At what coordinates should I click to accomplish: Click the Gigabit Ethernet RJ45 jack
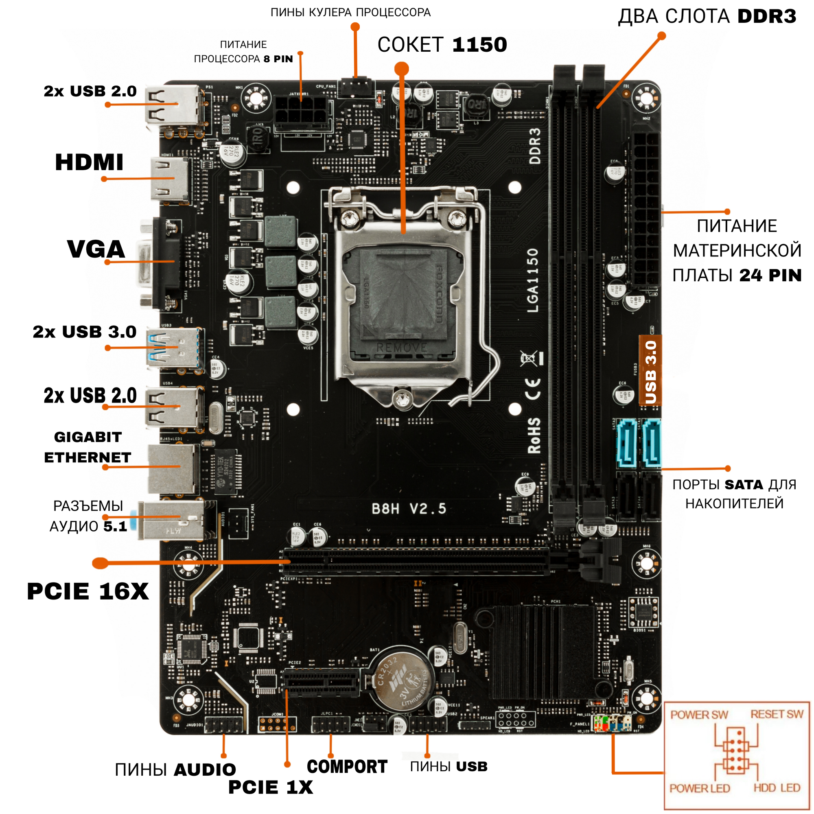(173, 468)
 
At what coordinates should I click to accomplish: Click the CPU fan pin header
(356, 86)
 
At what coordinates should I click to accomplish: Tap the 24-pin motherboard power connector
(646, 208)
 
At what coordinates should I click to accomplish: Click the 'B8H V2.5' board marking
(409, 508)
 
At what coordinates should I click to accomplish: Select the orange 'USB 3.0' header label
(650, 371)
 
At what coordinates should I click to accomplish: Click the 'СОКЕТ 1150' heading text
(442, 45)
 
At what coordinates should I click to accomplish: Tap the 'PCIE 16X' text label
(88, 591)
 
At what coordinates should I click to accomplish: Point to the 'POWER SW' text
(699, 715)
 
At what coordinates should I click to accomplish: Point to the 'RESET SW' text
(777, 714)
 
